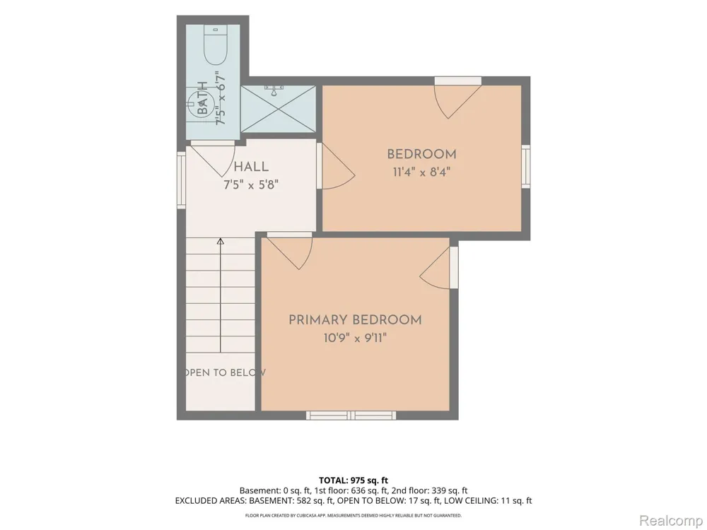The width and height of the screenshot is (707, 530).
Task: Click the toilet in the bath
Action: pos(215,47)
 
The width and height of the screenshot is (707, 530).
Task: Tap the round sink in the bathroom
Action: pos(199,103)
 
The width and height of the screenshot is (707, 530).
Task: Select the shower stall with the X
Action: pos(278,109)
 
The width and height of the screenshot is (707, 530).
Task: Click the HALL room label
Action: pos(251,167)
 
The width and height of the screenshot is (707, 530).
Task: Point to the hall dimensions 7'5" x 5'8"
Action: pos(251,184)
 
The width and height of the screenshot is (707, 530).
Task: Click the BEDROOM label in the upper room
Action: pos(421,154)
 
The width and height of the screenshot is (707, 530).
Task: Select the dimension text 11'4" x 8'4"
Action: pos(421,172)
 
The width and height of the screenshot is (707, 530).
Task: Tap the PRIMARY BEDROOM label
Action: pos(356,320)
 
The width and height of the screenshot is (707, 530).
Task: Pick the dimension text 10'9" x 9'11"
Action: pos(356,338)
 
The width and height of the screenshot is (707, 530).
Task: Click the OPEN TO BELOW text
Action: pos(224,372)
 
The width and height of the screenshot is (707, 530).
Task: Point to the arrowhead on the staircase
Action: pos(221,242)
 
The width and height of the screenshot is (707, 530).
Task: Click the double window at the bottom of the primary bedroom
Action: pos(351,415)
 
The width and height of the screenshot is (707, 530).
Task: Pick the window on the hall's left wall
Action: pos(181,179)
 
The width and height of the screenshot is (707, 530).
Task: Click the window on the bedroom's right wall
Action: pos(526,166)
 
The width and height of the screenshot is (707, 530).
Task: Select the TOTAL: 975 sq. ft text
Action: pos(353,481)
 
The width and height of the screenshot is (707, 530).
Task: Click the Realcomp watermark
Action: pos(670,521)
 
